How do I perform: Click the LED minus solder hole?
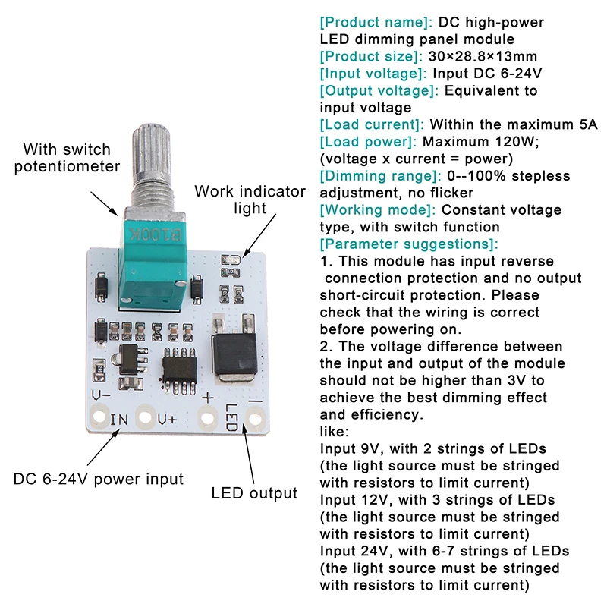click(x=255, y=417)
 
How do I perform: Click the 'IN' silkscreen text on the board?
click(x=120, y=420)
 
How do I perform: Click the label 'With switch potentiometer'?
click(x=67, y=158)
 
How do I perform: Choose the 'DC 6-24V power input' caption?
click(x=99, y=479)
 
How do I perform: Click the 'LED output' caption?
click(x=254, y=493)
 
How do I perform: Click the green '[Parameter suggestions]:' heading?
click(x=409, y=244)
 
